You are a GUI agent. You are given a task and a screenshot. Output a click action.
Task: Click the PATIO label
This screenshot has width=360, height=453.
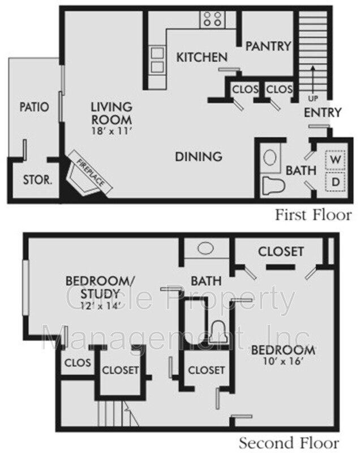(33, 106)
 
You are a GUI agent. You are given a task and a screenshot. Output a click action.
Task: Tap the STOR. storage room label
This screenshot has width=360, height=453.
(37, 181)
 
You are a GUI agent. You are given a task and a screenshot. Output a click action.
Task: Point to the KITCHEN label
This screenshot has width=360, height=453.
(202, 57)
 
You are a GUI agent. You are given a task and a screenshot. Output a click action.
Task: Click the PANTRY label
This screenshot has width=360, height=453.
(268, 46)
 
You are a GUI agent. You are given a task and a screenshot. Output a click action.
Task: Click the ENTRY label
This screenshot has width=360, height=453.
(323, 112)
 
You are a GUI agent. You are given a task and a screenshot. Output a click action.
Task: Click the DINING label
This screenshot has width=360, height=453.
(198, 156)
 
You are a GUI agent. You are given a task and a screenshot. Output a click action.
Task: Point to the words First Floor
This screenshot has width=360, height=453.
(313, 215)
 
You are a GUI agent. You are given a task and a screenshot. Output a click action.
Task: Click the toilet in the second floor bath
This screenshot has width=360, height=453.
(217, 331)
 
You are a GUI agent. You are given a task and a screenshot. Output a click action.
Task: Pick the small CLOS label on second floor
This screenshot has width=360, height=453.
(77, 362)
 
